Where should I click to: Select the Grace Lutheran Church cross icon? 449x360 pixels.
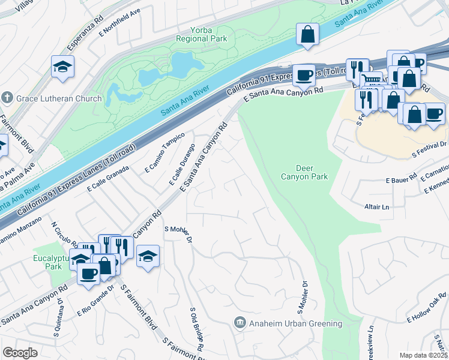pos(8,97)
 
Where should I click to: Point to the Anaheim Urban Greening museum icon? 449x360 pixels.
pos(240,323)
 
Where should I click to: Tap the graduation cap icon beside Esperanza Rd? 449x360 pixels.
pos(62,67)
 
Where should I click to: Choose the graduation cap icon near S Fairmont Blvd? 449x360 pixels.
pos(148,257)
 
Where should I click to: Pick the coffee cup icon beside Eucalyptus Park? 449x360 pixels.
pos(89,274)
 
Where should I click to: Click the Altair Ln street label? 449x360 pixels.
pos(376,206)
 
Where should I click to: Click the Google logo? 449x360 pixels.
pos(20,353)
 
